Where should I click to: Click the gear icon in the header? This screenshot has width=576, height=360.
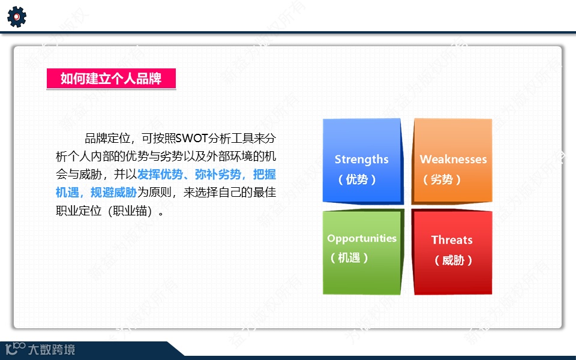coord(17,17)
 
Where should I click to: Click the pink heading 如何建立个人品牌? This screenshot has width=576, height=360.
coord(111,79)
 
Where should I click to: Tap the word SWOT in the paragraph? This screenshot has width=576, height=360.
coord(191,139)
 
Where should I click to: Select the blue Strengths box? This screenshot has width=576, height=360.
coord(363,161)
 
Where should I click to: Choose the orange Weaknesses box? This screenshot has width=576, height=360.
coord(452,161)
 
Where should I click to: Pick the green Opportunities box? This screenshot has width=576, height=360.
coord(363,252)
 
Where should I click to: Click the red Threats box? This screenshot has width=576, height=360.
coord(452,252)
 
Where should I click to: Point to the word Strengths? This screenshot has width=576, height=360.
coord(361,160)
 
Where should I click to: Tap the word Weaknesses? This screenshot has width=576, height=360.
coord(454,159)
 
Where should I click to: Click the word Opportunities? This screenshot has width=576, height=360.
coord(362,238)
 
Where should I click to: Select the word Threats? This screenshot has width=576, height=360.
coord(452,240)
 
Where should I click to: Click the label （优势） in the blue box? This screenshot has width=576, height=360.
coord(357,179)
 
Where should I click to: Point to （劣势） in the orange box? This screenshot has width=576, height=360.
coord(442,179)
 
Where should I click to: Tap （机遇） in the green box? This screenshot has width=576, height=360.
coord(349,258)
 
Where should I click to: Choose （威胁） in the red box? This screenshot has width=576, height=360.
coord(454,260)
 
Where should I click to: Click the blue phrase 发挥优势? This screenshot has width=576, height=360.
coord(160,174)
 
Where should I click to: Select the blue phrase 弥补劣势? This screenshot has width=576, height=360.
coord(218,174)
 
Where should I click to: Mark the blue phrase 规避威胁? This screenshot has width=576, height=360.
coord(113,192)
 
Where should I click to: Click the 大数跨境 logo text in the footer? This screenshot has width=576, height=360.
coord(52,349)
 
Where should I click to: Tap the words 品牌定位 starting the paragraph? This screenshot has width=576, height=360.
coord(107,139)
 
